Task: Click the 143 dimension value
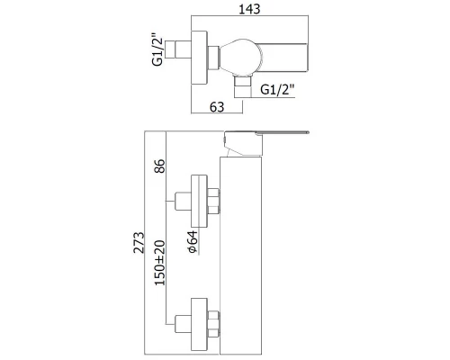point(249,9)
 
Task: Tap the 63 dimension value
point(217,107)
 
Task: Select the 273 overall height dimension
point(139,242)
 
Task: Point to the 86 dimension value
point(159,166)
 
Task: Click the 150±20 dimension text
point(159,263)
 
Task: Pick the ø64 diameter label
point(193,241)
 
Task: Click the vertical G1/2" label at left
point(157,49)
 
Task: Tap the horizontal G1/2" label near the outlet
point(277,89)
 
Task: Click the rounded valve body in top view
point(241,57)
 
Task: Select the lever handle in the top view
point(285,58)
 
